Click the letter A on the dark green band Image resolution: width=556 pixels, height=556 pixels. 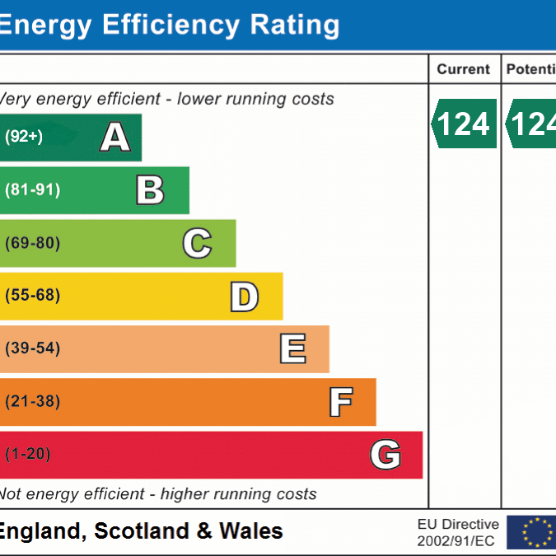(115, 137)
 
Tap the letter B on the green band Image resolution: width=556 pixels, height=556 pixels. (150, 190)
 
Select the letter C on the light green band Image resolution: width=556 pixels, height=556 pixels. (197, 243)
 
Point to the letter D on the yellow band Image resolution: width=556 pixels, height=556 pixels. (244, 297)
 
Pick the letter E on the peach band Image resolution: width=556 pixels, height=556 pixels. (292, 349)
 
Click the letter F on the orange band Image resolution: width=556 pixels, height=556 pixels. (340, 402)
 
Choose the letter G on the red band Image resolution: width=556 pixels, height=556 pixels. (385, 455)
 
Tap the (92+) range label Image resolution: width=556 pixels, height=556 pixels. (24, 137)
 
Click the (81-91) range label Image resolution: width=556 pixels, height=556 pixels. (33, 190)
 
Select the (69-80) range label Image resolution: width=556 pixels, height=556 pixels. (33, 243)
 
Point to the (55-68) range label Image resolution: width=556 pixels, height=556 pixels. (33, 296)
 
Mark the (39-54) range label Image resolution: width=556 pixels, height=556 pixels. (33, 348)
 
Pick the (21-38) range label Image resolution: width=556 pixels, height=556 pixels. (33, 402)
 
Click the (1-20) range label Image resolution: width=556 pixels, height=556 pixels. (28, 455)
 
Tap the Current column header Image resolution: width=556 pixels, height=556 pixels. (464, 69)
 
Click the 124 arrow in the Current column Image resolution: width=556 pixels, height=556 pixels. (464, 124)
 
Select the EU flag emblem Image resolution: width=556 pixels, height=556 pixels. (530, 532)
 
